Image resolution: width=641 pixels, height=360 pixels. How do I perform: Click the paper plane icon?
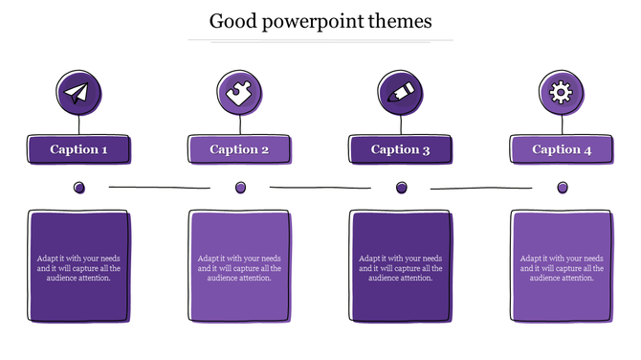78,93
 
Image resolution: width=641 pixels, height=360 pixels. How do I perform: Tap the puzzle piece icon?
239,93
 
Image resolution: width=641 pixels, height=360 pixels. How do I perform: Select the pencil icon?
401,93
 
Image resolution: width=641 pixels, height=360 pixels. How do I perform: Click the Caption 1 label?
78,149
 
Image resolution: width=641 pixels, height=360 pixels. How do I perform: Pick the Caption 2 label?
239,149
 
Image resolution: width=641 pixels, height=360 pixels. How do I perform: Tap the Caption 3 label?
401,149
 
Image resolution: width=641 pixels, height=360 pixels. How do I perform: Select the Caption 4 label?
562,149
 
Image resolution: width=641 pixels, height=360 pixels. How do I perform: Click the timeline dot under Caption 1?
79,188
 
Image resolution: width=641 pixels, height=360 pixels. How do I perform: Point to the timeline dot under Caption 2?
240,188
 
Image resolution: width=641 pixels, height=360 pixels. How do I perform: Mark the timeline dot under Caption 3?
401,188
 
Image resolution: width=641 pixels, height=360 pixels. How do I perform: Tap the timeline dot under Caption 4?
563,188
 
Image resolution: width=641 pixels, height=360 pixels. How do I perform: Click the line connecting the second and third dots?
320,188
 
